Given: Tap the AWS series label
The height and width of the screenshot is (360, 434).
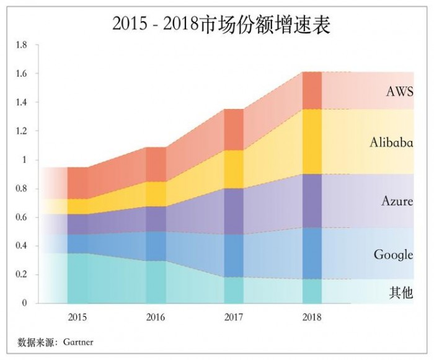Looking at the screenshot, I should pos(399,92).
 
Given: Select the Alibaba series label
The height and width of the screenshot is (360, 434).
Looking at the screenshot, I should pos(391,142).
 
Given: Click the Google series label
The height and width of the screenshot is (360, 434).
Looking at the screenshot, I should pos(393,255).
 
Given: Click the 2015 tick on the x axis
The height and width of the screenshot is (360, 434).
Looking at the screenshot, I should pos(77,318).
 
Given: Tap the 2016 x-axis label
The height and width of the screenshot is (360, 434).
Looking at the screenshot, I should pos(156,318).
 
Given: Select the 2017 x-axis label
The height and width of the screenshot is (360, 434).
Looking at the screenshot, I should pos(233,318).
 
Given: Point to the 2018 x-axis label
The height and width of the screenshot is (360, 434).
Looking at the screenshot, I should pos(311,318).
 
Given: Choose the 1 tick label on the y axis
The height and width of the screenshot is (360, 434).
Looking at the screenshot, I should pos(25,160).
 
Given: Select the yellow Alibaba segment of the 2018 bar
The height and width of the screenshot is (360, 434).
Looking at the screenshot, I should pos(312,141).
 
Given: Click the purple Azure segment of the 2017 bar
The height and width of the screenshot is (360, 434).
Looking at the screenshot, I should pos(234,211).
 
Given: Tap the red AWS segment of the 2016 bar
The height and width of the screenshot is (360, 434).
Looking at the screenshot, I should pos(156,164).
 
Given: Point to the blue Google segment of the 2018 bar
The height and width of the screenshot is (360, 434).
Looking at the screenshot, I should pos(312,253).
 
